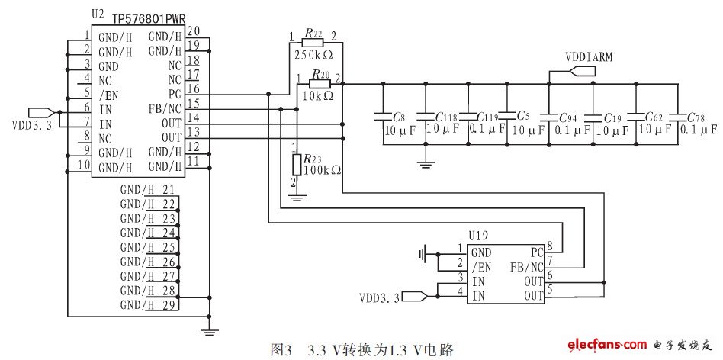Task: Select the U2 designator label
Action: click(x=98, y=14)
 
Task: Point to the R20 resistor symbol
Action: click(x=320, y=84)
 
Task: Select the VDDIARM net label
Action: click(x=590, y=57)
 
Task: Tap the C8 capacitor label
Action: click(x=399, y=117)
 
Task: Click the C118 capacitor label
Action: click(x=446, y=117)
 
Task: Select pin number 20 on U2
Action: click(x=193, y=31)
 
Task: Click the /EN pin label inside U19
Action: click(x=480, y=267)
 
